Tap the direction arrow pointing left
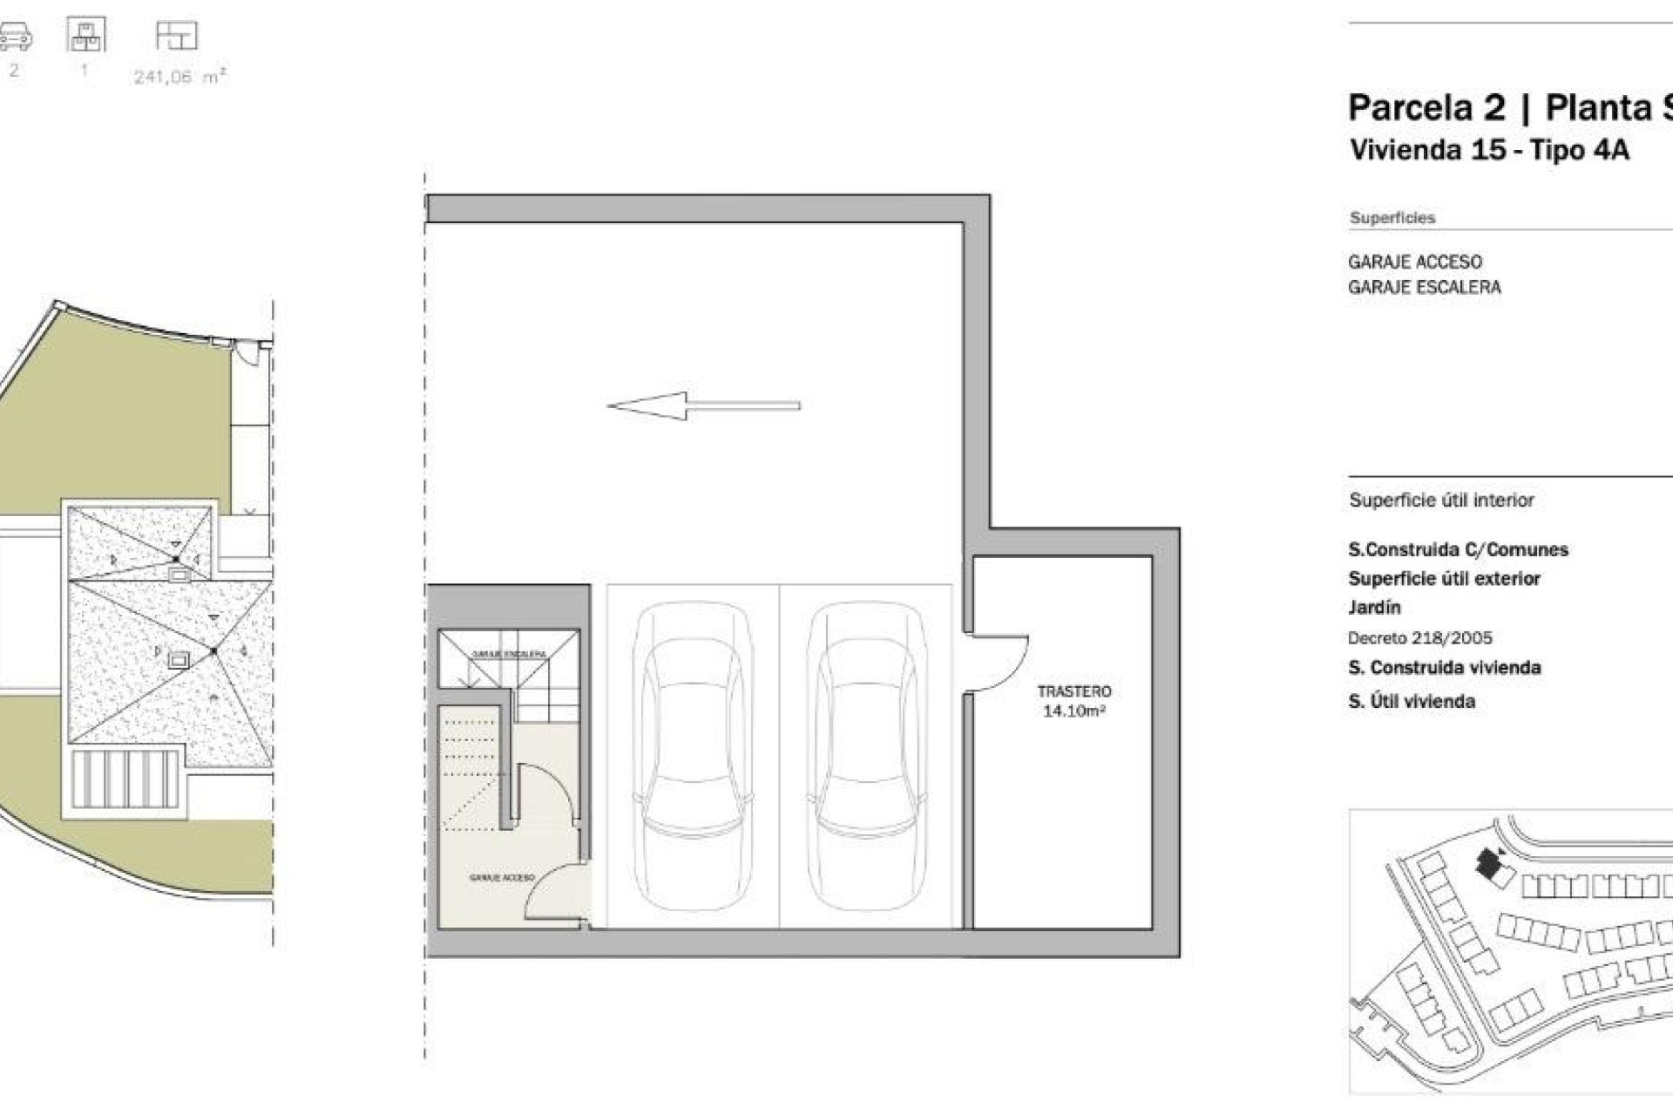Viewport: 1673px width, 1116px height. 702,405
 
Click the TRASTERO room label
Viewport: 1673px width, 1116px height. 1074,691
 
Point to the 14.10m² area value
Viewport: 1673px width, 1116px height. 1074,711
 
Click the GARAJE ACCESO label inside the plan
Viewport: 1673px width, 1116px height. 501,878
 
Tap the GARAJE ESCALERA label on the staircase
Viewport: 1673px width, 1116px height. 509,653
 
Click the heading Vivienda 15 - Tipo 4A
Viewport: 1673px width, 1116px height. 1488,150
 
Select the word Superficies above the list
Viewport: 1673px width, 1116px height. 1392,218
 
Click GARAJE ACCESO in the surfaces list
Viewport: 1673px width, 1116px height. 1414,262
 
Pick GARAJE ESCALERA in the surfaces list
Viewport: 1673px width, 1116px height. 1424,287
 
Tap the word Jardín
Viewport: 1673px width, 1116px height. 1374,607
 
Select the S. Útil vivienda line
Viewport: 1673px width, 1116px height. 1411,701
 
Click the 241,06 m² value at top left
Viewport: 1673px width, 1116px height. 179,77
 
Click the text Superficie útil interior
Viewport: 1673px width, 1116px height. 1441,500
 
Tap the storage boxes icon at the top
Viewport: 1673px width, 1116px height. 85,35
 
